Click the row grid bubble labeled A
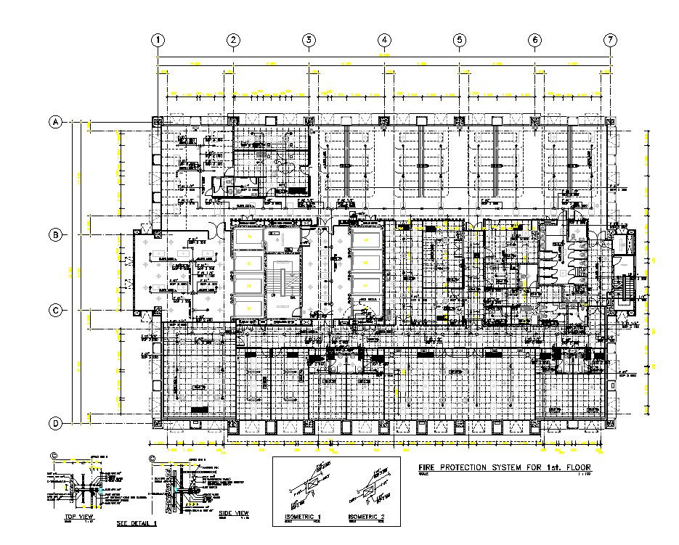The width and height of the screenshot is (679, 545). (x=55, y=123)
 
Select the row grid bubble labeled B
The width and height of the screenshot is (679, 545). (x=55, y=234)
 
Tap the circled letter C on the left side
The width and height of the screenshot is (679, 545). (x=55, y=310)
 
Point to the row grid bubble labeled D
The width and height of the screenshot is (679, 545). (x=55, y=423)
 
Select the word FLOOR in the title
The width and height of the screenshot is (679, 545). (x=575, y=467)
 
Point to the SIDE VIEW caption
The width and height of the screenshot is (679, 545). (x=234, y=514)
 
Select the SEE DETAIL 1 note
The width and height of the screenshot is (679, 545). (x=137, y=523)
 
